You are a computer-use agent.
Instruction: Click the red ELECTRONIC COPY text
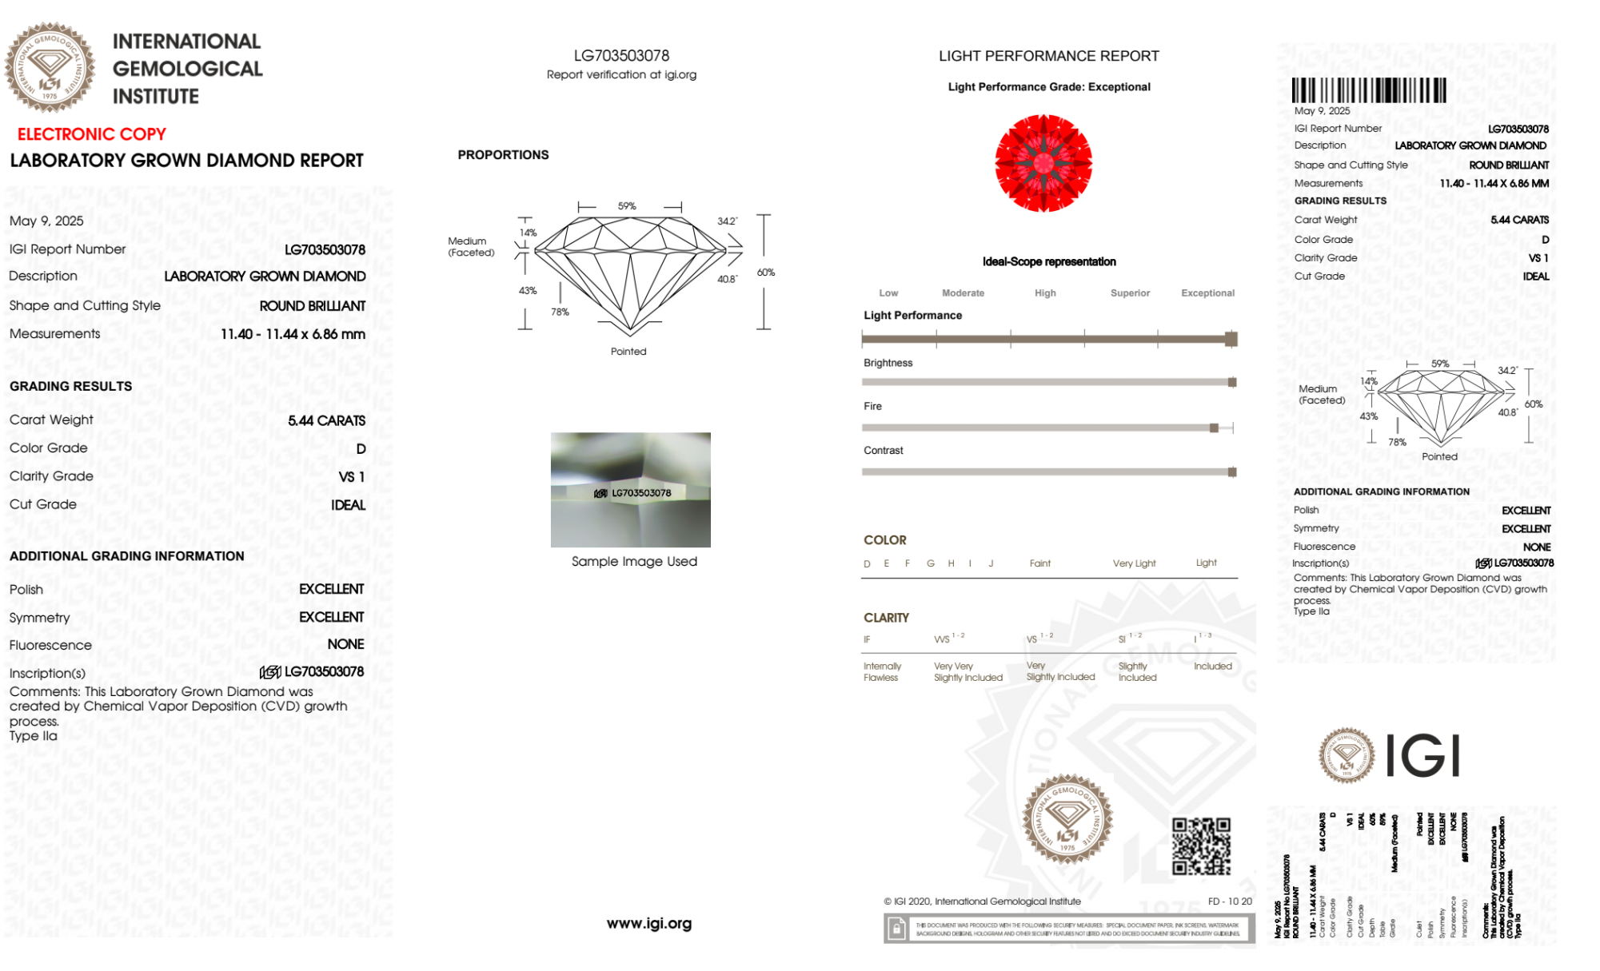tap(92, 134)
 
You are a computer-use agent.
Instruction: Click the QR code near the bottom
tap(1201, 846)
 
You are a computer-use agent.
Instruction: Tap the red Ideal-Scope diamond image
tap(1043, 163)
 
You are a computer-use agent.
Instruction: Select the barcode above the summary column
tap(1369, 90)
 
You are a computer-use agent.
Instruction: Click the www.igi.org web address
tap(649, 923)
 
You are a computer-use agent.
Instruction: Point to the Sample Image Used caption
tap(634, 561)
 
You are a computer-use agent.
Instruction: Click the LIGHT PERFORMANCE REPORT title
tap(1048, 56)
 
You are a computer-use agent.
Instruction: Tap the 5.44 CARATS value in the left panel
tap(326, 420)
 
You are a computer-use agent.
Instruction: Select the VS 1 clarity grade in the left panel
tap(351, 477)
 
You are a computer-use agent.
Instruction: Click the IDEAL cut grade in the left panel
tap(348, 505)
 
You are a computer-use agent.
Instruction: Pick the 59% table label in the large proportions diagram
tap(627, 206)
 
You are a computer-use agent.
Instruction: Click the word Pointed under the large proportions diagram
tap(628, 352)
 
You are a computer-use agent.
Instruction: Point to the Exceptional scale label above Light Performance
tap(1207, 293)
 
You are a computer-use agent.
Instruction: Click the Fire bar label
tap(872, 407)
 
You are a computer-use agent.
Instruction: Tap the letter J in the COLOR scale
tap(991, 563)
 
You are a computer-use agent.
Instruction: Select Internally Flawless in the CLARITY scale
tap(881, 671)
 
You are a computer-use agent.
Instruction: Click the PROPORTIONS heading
tap(503, 155)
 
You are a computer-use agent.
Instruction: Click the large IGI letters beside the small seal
tap(1422, 755)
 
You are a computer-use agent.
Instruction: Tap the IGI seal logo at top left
tap(50, 67)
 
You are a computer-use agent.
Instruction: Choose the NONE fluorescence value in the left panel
tap(345, 644)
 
